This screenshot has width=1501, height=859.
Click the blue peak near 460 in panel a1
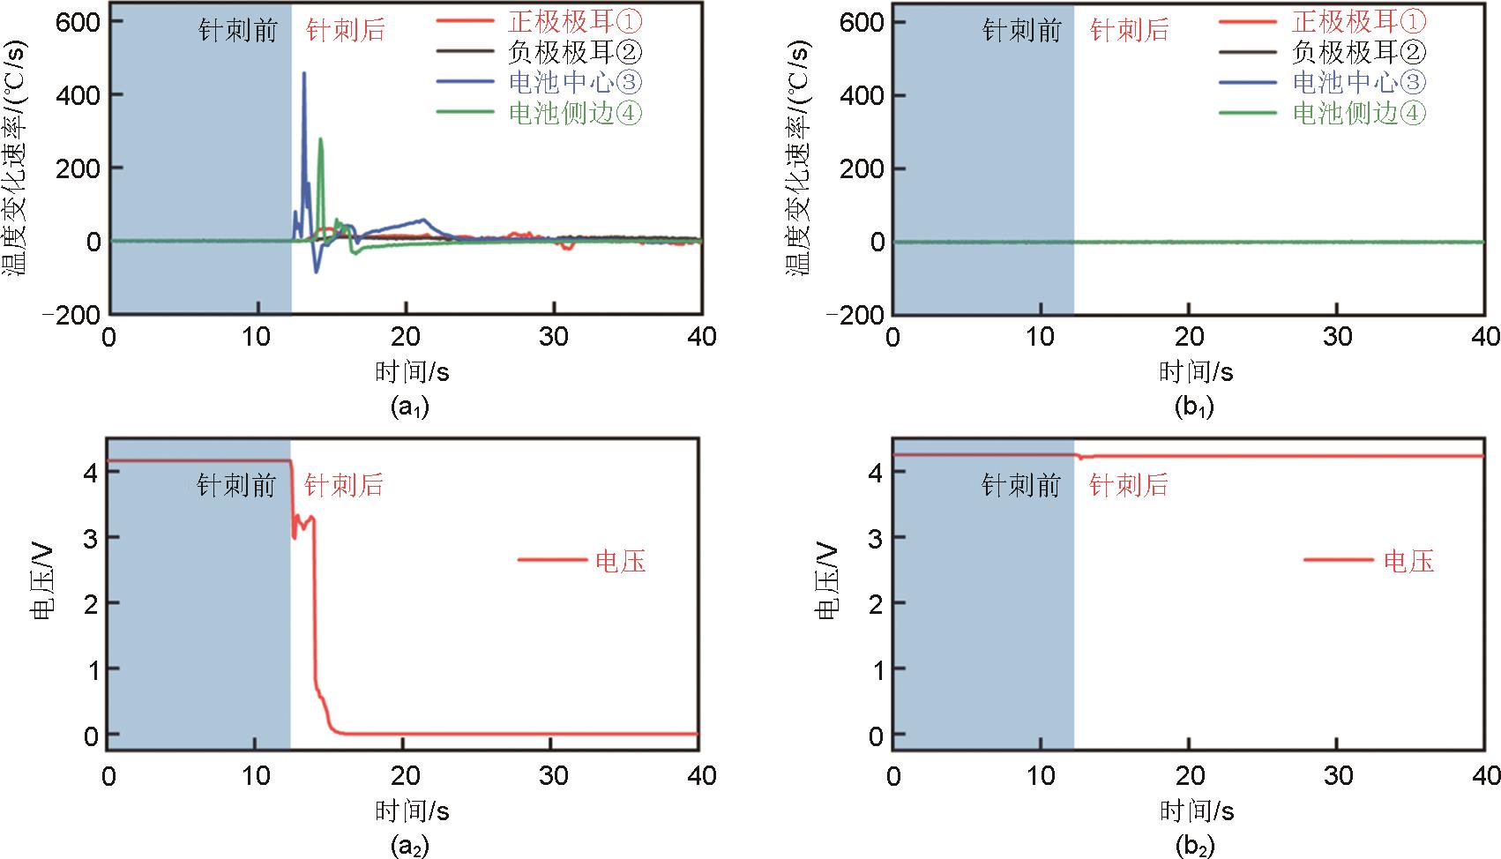(304, 74)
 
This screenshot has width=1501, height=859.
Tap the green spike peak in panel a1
(321, 138)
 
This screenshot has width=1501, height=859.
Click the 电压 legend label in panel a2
(621, 561)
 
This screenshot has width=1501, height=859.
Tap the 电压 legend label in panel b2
(1408, 561)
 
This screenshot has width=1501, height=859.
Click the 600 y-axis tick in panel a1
(78, 21)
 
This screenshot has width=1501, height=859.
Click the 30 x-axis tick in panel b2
(1338, 776)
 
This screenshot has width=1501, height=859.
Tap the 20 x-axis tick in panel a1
(406, 337)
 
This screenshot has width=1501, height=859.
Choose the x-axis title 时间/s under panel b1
(1196, 372)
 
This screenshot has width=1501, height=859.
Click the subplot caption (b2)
(1195, 847)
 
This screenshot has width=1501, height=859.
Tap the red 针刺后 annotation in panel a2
(344, 485)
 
